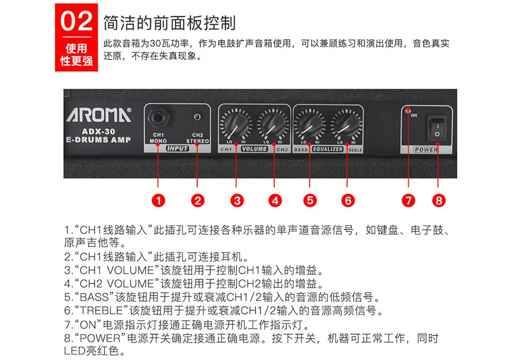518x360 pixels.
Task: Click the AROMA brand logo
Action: click(99, 115)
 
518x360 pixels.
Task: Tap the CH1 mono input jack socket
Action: click(158, 118)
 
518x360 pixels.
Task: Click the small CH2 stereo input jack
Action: click(197, 117)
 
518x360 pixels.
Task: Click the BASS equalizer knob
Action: click(309, 124)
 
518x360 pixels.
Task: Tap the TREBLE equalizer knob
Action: click(346, 124)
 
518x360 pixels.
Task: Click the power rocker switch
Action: click(436, 128)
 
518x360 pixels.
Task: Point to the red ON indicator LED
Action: click(408, 108)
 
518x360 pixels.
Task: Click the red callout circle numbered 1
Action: click(158, 200)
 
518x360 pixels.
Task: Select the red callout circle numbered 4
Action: click(275, 200)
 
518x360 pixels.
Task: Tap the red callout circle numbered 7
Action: click(408, 200)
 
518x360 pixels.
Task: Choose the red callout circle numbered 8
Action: click(439, 200)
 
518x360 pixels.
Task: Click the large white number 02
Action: click(76, 21)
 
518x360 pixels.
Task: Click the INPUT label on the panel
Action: click(178, 149)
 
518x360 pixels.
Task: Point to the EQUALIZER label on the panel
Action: click(328, 149)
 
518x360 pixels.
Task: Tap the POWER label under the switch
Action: click(425, 150)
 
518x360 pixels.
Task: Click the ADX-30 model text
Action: click(98, 131)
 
